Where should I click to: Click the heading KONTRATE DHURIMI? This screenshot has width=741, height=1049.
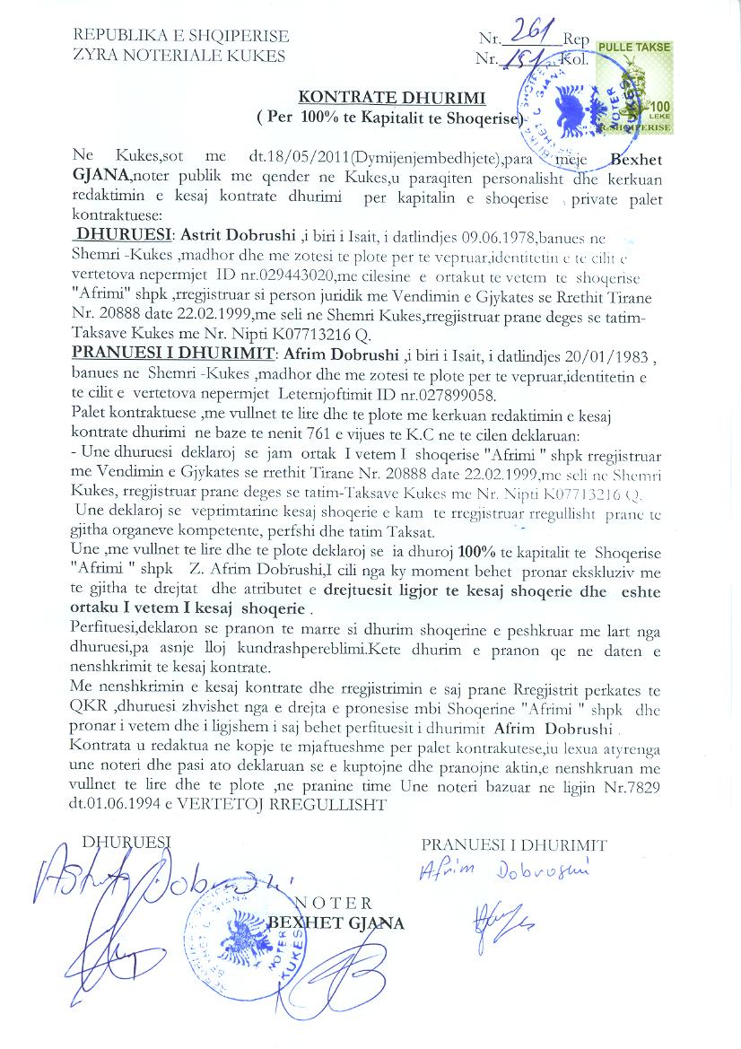[391, 98]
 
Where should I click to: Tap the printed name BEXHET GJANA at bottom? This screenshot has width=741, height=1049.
[336, 922]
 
